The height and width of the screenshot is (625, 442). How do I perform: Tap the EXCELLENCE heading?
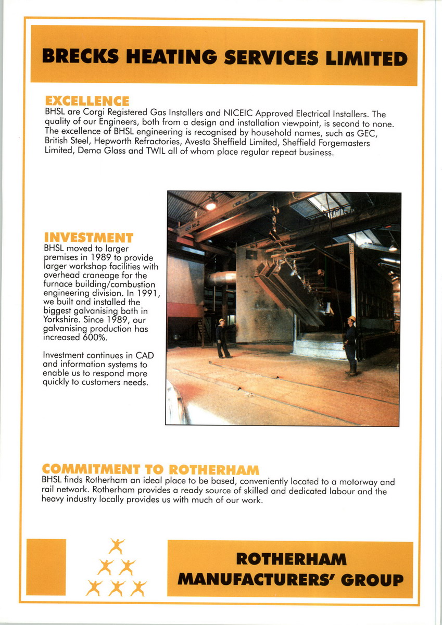click(x=87, y=101)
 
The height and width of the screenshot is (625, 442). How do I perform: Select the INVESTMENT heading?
click(x=89, y=238)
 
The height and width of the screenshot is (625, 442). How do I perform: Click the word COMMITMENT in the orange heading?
click(x=86, y=469)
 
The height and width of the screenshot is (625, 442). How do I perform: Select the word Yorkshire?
click(x=62, y=320)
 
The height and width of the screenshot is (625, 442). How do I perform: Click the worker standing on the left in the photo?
click(x=223, y=339)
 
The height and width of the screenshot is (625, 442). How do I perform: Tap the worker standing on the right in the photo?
click(x=351, y=345)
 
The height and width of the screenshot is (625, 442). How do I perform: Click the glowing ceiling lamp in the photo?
click(x=211, y=205)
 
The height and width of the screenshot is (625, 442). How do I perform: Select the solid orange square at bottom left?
click(x=46, y=567)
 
